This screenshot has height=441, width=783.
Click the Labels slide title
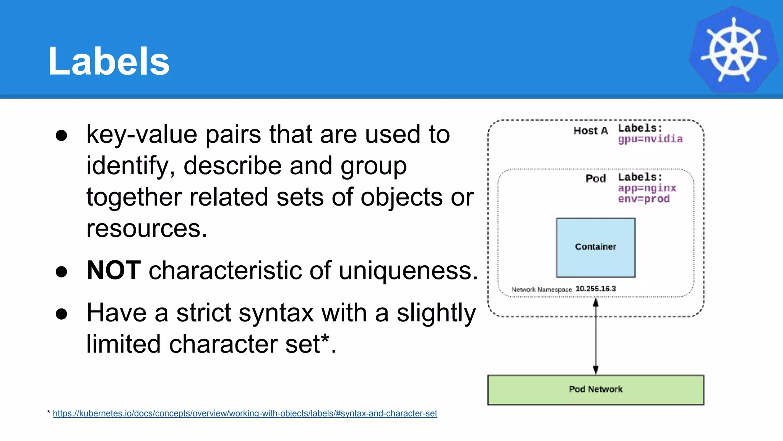[109, 61]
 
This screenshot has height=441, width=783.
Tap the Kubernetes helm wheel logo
[733, 50]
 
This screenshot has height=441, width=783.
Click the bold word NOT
[114, 270]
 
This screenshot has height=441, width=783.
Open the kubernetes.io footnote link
[245, 413]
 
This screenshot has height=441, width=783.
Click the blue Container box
[595, 247]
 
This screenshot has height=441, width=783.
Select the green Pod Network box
[595, 389]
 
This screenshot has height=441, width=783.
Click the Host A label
[590, 131]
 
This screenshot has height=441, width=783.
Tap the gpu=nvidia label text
[650, 139]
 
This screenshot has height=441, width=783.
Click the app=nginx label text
[647, 188]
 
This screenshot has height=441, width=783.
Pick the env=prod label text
[643, 199]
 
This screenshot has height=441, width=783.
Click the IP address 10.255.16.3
[595, 289]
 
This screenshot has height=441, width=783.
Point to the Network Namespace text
[541, 289]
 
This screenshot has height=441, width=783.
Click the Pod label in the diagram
[595, 178]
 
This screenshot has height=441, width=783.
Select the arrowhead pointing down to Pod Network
[595, 369]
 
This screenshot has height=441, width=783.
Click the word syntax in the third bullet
[245, 313]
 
